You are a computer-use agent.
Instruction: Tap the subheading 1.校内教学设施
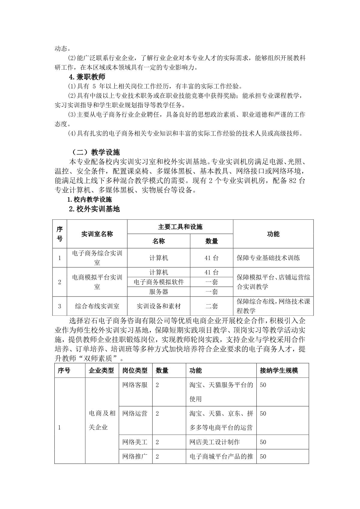tap(89, 200)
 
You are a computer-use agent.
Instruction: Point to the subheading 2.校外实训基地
tap(94, 209)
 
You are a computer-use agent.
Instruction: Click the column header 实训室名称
tap(97, 234)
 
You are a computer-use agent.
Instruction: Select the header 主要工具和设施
tap(180, 227)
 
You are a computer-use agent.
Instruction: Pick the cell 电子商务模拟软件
tap(159, 282)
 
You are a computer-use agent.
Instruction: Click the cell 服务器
tap(159, 292)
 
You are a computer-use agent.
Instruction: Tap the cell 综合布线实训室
tap(97, 306)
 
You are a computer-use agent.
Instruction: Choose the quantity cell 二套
tap(211, 306)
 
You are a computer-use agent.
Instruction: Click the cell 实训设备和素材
tap(159, 306)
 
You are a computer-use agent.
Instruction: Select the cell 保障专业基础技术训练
tap(268, 258)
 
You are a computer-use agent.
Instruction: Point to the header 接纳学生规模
tap(279, 371)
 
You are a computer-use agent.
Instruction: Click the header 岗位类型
tap(135, 371)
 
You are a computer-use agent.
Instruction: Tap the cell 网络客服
tap(135, 385)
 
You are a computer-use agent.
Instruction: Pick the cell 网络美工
tap(135, 442)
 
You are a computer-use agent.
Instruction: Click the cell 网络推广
tap(135, 456)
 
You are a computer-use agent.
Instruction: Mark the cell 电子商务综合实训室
tap(97, 258)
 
